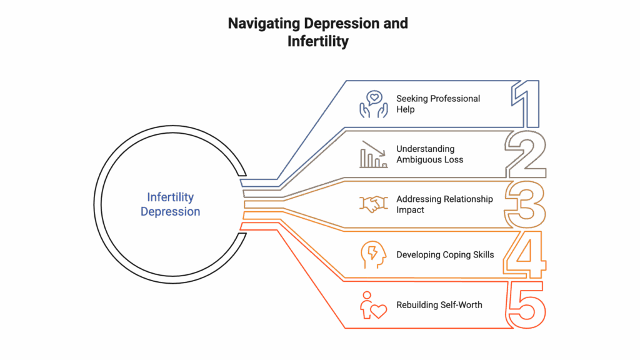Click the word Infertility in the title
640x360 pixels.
tap(318, 41)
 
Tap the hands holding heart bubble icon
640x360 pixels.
tap(374, 104)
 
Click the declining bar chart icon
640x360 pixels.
tap(374, 154)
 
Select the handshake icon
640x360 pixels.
tap(374, 204)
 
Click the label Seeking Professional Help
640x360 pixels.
tap(438, 104)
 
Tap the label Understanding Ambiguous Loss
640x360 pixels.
tap(430, 154)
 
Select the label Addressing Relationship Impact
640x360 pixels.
tap(444, 204)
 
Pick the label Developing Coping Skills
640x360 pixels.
tap(445, 255)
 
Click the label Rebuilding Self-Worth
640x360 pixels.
tap(439, 305)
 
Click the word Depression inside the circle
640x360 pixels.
tap(170, 211)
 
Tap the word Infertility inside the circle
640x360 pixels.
tap(170, 197)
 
